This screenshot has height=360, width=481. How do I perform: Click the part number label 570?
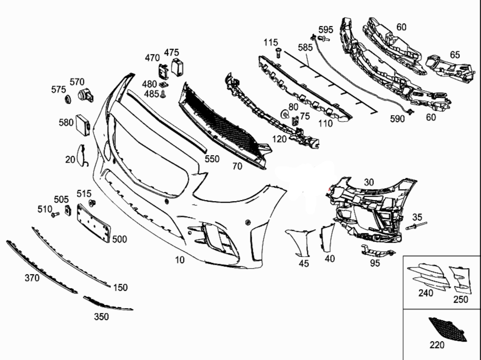coord(77,82)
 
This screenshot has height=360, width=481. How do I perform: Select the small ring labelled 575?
coord(68,100)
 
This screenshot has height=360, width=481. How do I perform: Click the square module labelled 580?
coord(83,124)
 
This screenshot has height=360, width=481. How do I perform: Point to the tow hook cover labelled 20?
coord(80,155)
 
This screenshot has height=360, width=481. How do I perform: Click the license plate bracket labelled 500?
coord(94,222)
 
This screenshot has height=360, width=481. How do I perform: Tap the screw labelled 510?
coord(54,215)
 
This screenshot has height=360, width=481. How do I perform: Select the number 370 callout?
coord(32,278)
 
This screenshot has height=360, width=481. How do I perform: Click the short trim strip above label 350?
coord(107,303)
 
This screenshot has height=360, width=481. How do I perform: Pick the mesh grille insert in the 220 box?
coord(446,329)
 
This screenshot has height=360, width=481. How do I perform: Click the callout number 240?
coord(426,294)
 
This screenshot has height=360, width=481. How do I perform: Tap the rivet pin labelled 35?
coord(416,226)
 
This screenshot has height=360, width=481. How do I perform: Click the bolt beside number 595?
coord(324,39)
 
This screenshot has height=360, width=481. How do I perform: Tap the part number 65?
coord(454,55)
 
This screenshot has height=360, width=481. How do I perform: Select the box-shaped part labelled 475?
coord(177,66)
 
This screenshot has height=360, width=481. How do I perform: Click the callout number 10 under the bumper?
coord(180,260)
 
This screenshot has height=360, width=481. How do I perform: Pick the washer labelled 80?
coord(284,114)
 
